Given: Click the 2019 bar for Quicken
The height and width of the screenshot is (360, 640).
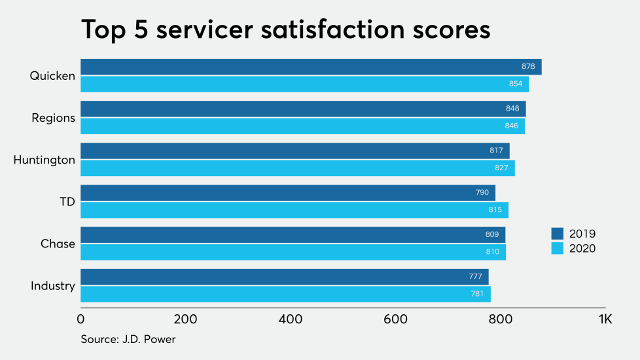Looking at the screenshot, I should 311,67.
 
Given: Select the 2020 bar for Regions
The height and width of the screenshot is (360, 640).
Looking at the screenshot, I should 302,126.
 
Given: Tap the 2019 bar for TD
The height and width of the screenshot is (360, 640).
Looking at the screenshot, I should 288,192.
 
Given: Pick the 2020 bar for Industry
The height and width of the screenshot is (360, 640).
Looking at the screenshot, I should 285,294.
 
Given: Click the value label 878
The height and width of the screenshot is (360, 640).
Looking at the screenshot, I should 528,67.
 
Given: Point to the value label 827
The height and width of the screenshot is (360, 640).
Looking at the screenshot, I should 501,168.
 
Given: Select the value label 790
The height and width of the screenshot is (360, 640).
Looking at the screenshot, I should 482,192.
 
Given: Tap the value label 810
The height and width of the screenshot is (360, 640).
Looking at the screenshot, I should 493,252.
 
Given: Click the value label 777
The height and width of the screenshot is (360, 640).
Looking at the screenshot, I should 475,277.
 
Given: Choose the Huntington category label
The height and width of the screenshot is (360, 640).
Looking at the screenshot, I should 44,160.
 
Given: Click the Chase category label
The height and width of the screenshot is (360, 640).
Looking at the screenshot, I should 58,243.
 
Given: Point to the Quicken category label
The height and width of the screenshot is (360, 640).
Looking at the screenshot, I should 52,76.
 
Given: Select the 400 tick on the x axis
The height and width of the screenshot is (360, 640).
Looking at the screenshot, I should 290,320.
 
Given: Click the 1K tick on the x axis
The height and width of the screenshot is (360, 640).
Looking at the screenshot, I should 605,320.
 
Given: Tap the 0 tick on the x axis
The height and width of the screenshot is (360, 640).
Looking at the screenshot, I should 80,320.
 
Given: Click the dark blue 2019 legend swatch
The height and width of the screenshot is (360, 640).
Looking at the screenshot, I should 558,234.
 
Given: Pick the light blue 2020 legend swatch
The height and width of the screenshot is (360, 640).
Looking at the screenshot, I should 558,248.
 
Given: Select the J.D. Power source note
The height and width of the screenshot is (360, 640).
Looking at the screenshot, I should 128,339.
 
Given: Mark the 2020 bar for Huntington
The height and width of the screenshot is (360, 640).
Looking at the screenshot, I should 298,168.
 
